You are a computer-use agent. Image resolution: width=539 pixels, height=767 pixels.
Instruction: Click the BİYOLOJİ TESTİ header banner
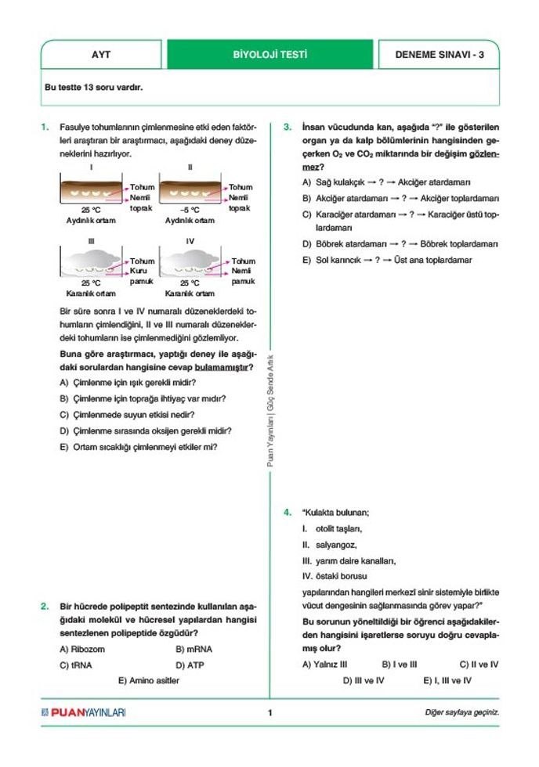click(x=269, y=55)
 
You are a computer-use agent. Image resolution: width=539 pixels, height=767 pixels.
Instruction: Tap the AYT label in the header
click(x=101, y=55)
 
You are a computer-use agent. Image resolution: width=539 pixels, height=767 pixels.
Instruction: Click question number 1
click(x=45, y=126)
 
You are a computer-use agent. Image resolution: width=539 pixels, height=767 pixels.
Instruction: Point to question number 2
click(x=45, y=606)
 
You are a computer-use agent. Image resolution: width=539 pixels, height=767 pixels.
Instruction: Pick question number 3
click(x=288, y=126)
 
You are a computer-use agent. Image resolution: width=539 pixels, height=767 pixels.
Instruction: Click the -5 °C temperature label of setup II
click(x=190, y=210)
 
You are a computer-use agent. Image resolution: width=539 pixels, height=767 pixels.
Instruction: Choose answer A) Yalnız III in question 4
click(x=325, y=664)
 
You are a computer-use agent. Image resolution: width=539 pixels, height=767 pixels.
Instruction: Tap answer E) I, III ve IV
click(x=447, y=681)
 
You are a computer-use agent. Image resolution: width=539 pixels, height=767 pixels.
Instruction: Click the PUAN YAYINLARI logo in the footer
click(x=83, y=712)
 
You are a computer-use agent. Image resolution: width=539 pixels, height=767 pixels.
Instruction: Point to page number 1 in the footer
click(x=269, y=712)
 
